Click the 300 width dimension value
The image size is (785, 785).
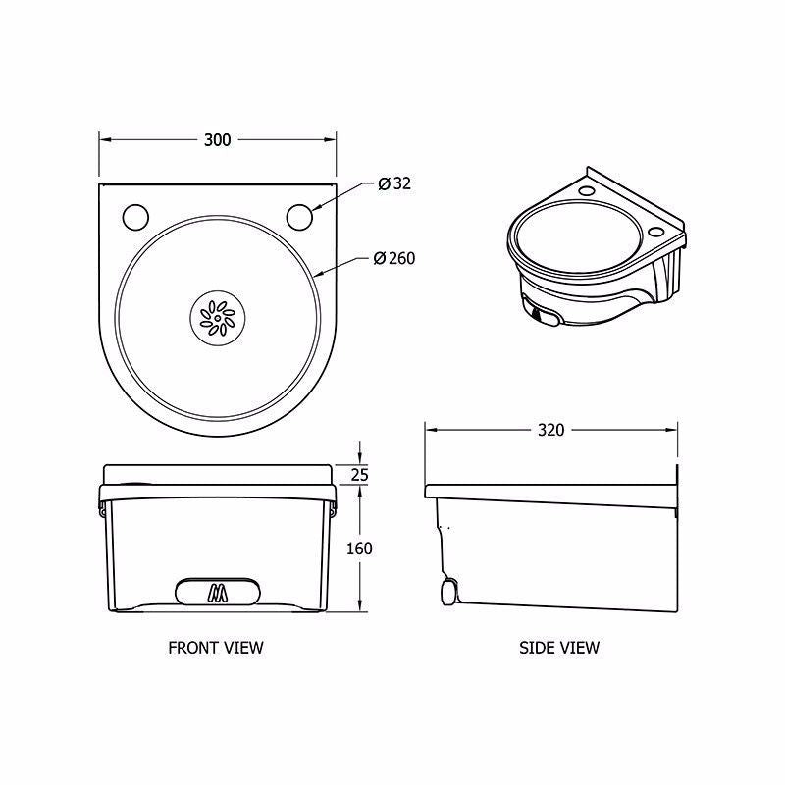click(x=218, y=140)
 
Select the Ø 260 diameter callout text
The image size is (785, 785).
click(x=395, y=259)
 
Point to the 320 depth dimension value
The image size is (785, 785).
click(x=550, y=430)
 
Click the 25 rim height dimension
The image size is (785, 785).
click(x=360, y=475)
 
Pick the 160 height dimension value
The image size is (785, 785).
click(x=360, y=548)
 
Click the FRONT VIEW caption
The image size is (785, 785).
click(x=216, y=648)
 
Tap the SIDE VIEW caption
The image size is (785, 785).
click(x=559, y=648)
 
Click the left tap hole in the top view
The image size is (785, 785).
click(x=135, y=215)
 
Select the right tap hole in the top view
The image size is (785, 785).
click(x=300, y=215)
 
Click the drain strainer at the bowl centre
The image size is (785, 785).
click(x=217, y=315)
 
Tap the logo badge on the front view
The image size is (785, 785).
click(x=217, y=591)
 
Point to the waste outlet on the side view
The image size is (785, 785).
click(x=447, y=592)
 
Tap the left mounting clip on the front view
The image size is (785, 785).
click(x=101, y=507)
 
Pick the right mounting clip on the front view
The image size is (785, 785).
click(x=334, y=507)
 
